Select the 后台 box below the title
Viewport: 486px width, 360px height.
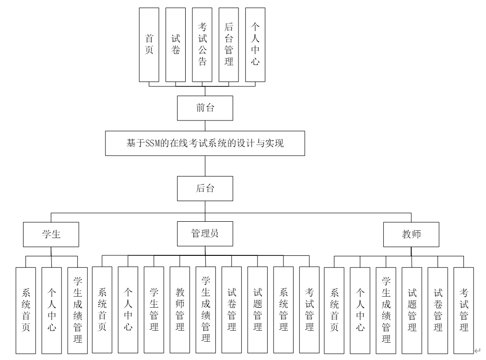pyautogui.click(x=205, y=188)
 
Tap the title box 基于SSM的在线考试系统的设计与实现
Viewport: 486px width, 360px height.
pyautogui.click(x=205, y=143)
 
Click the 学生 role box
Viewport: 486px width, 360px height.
pyautogui.click(x=51, y=234)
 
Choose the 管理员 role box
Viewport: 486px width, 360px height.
pyautogui.click(x=205, y=234)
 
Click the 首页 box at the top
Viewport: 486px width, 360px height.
pyautogui.click(x=149, y=45)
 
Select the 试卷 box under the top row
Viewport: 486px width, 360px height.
pyautogui.click(x=176, y=45)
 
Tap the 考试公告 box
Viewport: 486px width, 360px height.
pyautogui.click(x=202, y=45)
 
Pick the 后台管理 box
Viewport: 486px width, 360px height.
pyautogui.click(x=229, y=45)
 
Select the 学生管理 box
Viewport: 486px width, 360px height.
pyautogui.click(x=154, y=310)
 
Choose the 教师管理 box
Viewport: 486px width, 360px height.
pyautogui.click(x=180, y=310)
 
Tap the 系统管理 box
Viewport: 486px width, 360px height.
pyautogui.click(x=284, y=310)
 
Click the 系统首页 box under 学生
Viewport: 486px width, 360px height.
pyautogui.click(x=25, y=310)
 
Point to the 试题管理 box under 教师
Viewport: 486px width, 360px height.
pyautogui.click(x=412, y=310)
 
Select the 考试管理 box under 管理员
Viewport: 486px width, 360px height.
pyautogui.click(x=309, y=310)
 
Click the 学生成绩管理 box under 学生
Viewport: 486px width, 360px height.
pyautogui.click(x=77, y=310)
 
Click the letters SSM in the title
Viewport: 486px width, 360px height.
pyautogui.click(x=152, y=143)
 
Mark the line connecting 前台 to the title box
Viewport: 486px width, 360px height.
pyautogui.click(x=205, y=126)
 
